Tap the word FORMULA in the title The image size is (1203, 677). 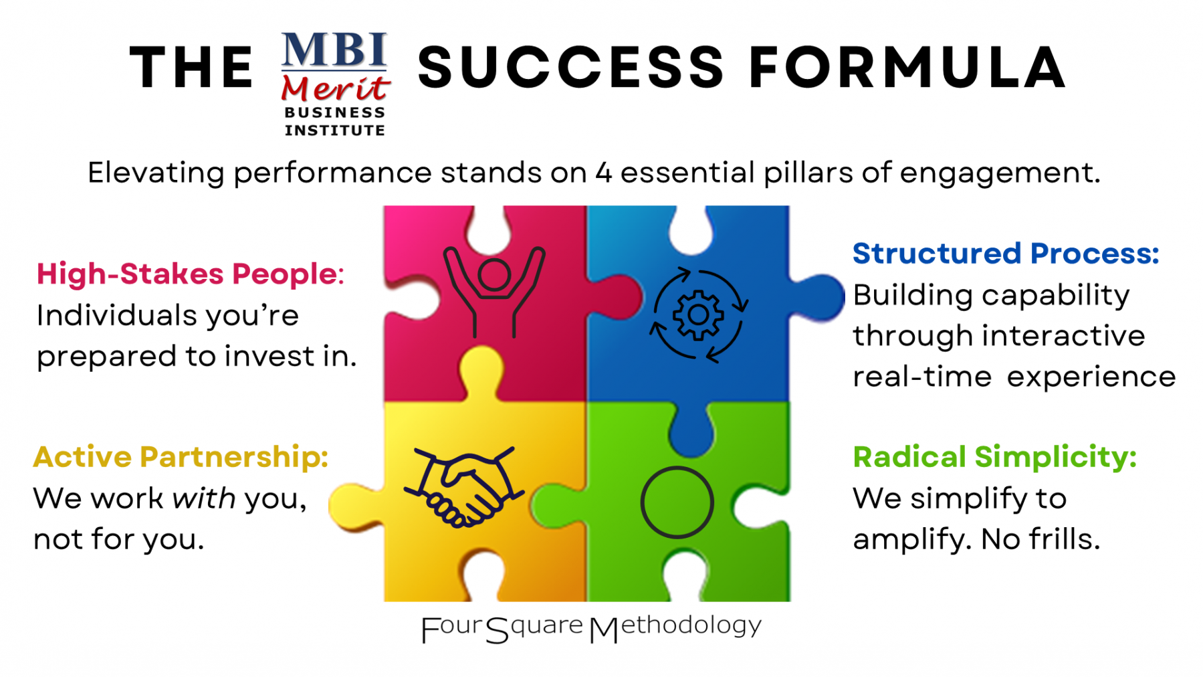tap(907, 67)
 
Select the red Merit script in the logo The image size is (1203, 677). tap(336, 88)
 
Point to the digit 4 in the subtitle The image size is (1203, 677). tap(604, 173)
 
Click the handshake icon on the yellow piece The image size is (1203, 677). tap(463, 486)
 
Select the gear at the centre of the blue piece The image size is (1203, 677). tap(698, 314)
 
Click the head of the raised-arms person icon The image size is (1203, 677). tap(494, 275)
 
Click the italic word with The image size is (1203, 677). tap(203, 498)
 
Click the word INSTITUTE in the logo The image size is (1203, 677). tap(335, 130)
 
